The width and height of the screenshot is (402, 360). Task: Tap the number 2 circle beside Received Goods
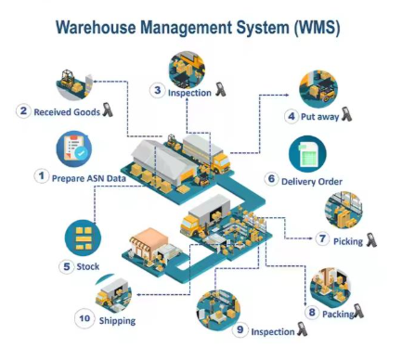tap(22, 111)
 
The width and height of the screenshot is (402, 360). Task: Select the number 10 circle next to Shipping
tap(83, 319)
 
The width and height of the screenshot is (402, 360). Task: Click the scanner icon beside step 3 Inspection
tap(220, 91)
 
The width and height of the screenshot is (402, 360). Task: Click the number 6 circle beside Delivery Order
tap(272, 179)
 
